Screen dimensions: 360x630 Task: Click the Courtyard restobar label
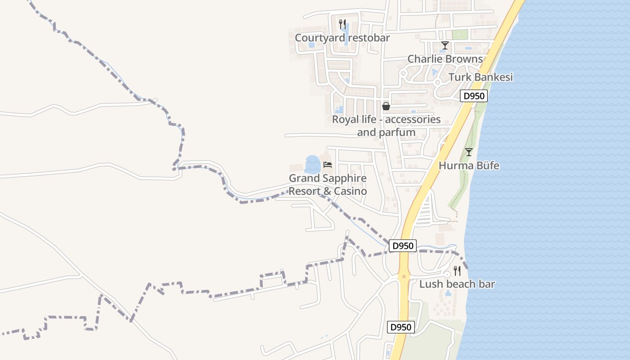coord(342,38)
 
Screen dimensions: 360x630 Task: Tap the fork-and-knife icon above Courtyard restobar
coord(342,24)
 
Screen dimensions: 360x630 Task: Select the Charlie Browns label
coord(445,59)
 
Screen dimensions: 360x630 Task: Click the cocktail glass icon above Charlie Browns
coord(445,45)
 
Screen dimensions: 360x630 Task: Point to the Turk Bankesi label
coord(481,77)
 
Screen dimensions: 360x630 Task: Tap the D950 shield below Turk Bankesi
coord(474,96)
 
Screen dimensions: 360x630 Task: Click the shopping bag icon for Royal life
coord(386,106)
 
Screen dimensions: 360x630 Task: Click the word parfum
coord(398,132)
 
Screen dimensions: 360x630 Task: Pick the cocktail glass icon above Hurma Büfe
coord(468,152)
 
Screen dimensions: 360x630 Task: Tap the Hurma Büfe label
coord(469,166)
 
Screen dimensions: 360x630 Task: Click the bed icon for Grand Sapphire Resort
coord(328,165)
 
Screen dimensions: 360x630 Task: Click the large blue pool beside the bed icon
coord(312,165)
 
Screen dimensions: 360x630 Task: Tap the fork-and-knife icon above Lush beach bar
coord(457,270)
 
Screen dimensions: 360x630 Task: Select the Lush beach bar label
coord(457,284)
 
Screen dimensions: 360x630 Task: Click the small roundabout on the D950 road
coord(404,276)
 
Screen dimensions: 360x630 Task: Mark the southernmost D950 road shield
coord(400,327)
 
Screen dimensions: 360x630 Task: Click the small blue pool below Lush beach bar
coord(448,294)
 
